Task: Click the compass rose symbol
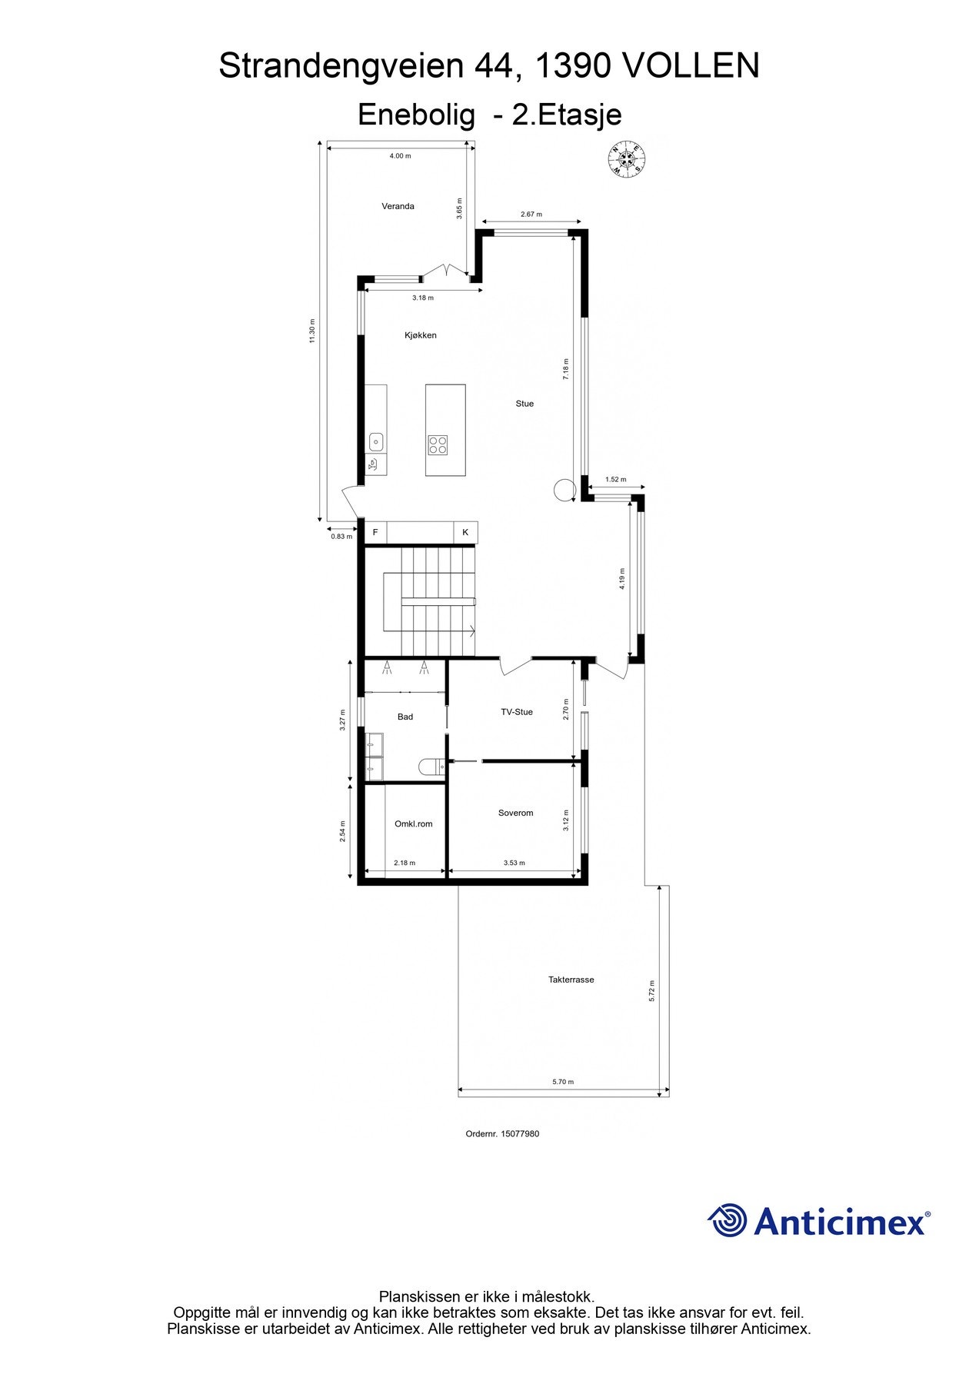(x=627, y=160)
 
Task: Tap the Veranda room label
(x=398, y=206)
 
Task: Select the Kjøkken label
(x=421, y=335)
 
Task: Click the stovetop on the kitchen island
(x=438, y=444)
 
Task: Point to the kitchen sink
(x=376, y=442)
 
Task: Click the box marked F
(x=375, y=532)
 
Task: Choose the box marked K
(x=465, y=532)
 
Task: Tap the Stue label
(x=524, y=404)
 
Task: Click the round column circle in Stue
(x=564, y=490)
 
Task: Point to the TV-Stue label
(x=517, y=712)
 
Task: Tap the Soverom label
(x=515, y=813)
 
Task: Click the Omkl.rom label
(x=413, y=824)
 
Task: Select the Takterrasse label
(x=571, y=980)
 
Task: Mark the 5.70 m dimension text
(x=563, y=1082)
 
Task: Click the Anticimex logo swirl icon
(x=727, y=1221)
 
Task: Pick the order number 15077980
(x=520, y=1133)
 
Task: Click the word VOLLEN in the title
(x=690, y=66)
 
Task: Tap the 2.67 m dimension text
(x=531, y=215)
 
